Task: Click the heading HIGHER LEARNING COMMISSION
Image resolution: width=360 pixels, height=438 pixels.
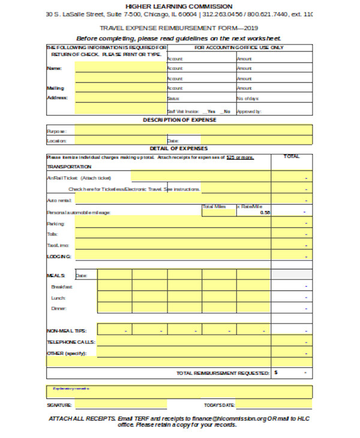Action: pos(179,6)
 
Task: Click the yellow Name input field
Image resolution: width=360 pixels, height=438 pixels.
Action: pos(120,68)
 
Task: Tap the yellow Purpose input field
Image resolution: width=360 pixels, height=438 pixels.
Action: pos(192,130)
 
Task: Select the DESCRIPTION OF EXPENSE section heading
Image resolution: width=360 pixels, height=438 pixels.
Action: pos(179,120)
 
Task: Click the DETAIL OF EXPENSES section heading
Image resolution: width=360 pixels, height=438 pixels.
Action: pos(179,148)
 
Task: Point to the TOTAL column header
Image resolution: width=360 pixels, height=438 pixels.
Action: pos(292,157)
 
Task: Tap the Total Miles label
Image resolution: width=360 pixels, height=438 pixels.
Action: pos(214,206)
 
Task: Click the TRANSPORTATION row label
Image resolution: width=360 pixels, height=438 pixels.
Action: pos(69,167)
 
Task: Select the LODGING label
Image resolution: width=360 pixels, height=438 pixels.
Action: pos(59,256)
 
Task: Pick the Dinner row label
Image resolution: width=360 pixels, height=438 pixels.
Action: pos(59,308)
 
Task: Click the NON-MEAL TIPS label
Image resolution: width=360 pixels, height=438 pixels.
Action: pos(66,331)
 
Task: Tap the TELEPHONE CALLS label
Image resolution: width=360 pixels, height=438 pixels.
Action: pos(70,342)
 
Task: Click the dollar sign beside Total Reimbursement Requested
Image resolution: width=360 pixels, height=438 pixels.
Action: pos(276,373)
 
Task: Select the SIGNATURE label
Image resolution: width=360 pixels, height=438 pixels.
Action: pos(59,406)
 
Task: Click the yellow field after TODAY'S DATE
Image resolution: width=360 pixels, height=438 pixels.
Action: pos(273,405)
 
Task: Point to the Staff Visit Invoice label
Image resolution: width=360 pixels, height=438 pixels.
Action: pos(183,111)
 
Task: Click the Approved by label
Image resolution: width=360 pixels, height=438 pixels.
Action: pos(248,111)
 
